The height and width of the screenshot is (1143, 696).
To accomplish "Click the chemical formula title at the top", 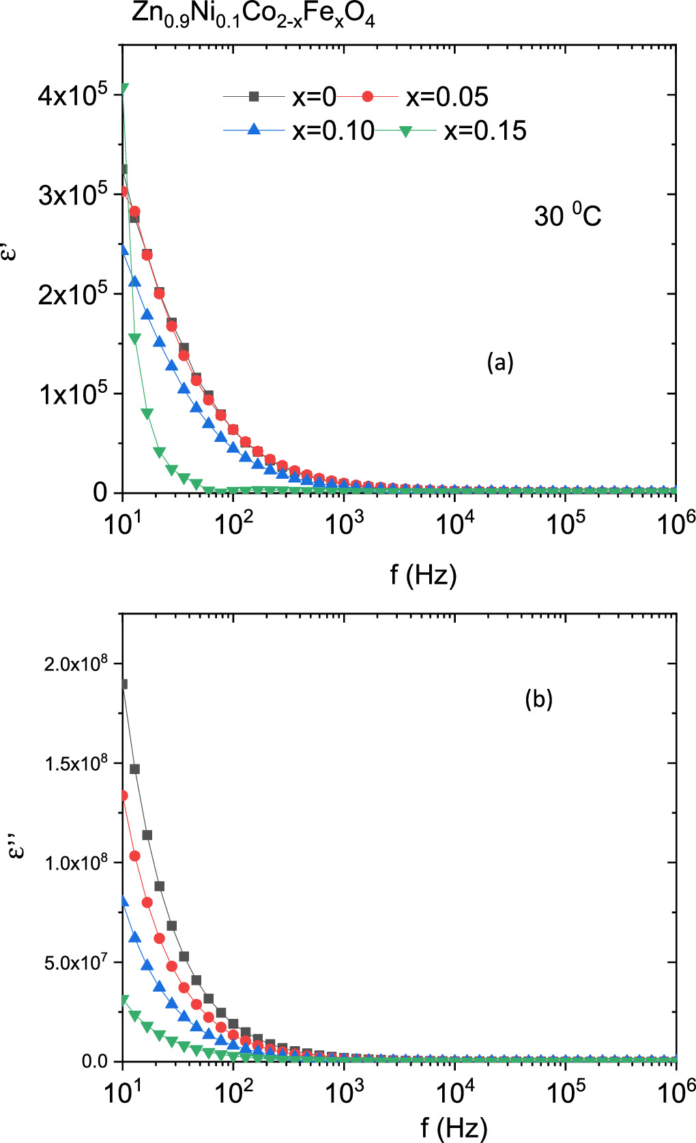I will [253, 15].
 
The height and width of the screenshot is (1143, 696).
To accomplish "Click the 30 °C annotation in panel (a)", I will [567, 216].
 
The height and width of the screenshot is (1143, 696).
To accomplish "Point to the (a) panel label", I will [499, 361].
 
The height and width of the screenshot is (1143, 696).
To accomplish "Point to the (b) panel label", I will [538, 698].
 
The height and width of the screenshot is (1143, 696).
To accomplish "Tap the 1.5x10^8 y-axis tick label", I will [76, 763].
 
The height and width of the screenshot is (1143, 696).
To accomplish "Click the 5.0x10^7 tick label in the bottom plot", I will [76, 962].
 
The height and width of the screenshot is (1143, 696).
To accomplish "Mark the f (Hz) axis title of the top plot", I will [423, 575].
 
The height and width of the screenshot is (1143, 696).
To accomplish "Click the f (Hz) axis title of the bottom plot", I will [454, 1127].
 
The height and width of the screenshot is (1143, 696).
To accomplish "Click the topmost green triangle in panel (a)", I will [124, 88].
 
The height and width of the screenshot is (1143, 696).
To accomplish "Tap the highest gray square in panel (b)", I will [124, 684].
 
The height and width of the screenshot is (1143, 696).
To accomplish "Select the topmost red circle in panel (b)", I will [124, 795].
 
